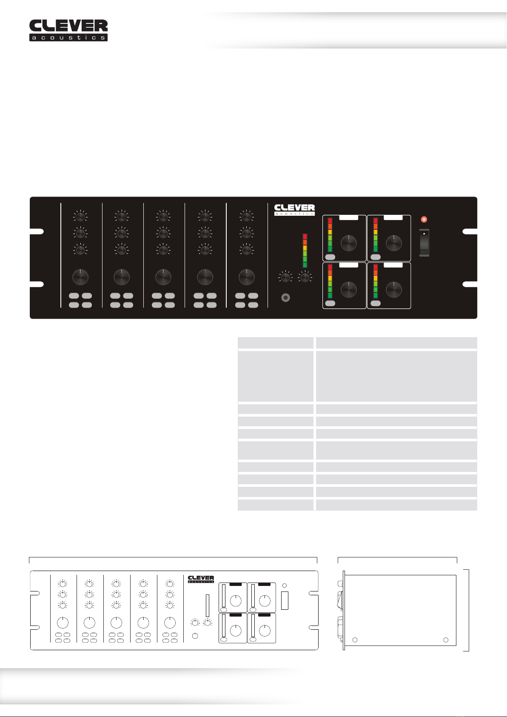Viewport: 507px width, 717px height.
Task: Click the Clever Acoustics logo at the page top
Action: pyautogui.click(x=68, y=30)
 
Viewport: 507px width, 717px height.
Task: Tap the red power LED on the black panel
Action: pyautogui.click(x=424, y=219)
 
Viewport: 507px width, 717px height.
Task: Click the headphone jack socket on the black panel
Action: pyautogui.click(x=286, y=298)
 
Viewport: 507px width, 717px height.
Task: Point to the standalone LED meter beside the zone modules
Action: pyautogui.click(x=305, y=251)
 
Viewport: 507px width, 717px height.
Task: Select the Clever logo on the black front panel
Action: pyautogui.click(x=294, y=210)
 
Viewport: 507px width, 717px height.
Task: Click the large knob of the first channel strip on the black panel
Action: pyautogui.click(x=80, y=277)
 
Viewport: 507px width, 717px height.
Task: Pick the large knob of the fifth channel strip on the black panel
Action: pyautogui.click(x=247, y=277)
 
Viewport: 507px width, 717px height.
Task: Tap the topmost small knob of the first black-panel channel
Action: pyautogui.click(x=80, y=217)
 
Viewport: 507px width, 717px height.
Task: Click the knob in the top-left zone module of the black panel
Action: pyautogui.click(x=349, y=243)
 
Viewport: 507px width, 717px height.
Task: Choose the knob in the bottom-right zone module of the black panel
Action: pyautogui.click(x=394, y=290)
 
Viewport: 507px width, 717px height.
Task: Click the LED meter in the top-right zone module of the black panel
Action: pyautogui.click(x=376, y=235)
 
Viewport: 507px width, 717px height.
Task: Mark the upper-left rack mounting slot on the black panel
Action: pyautogui.click(x=37, y=231)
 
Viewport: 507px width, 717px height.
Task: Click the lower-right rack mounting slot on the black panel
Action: pyautogui.click(x=470, y=284)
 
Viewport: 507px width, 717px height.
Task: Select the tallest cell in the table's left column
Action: pyautogui.click(x=276, y=376)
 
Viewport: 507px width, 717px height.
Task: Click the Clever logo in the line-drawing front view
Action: pyautogui.click(x=201, y=579)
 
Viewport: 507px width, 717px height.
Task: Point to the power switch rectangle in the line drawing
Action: pyautogui.click(x=285, y=600)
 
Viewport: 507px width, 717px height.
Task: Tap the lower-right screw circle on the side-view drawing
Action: pyautogui.click(x=446, y=640)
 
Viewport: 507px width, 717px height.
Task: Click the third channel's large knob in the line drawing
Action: pyautogui.click(x=117, y=623)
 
